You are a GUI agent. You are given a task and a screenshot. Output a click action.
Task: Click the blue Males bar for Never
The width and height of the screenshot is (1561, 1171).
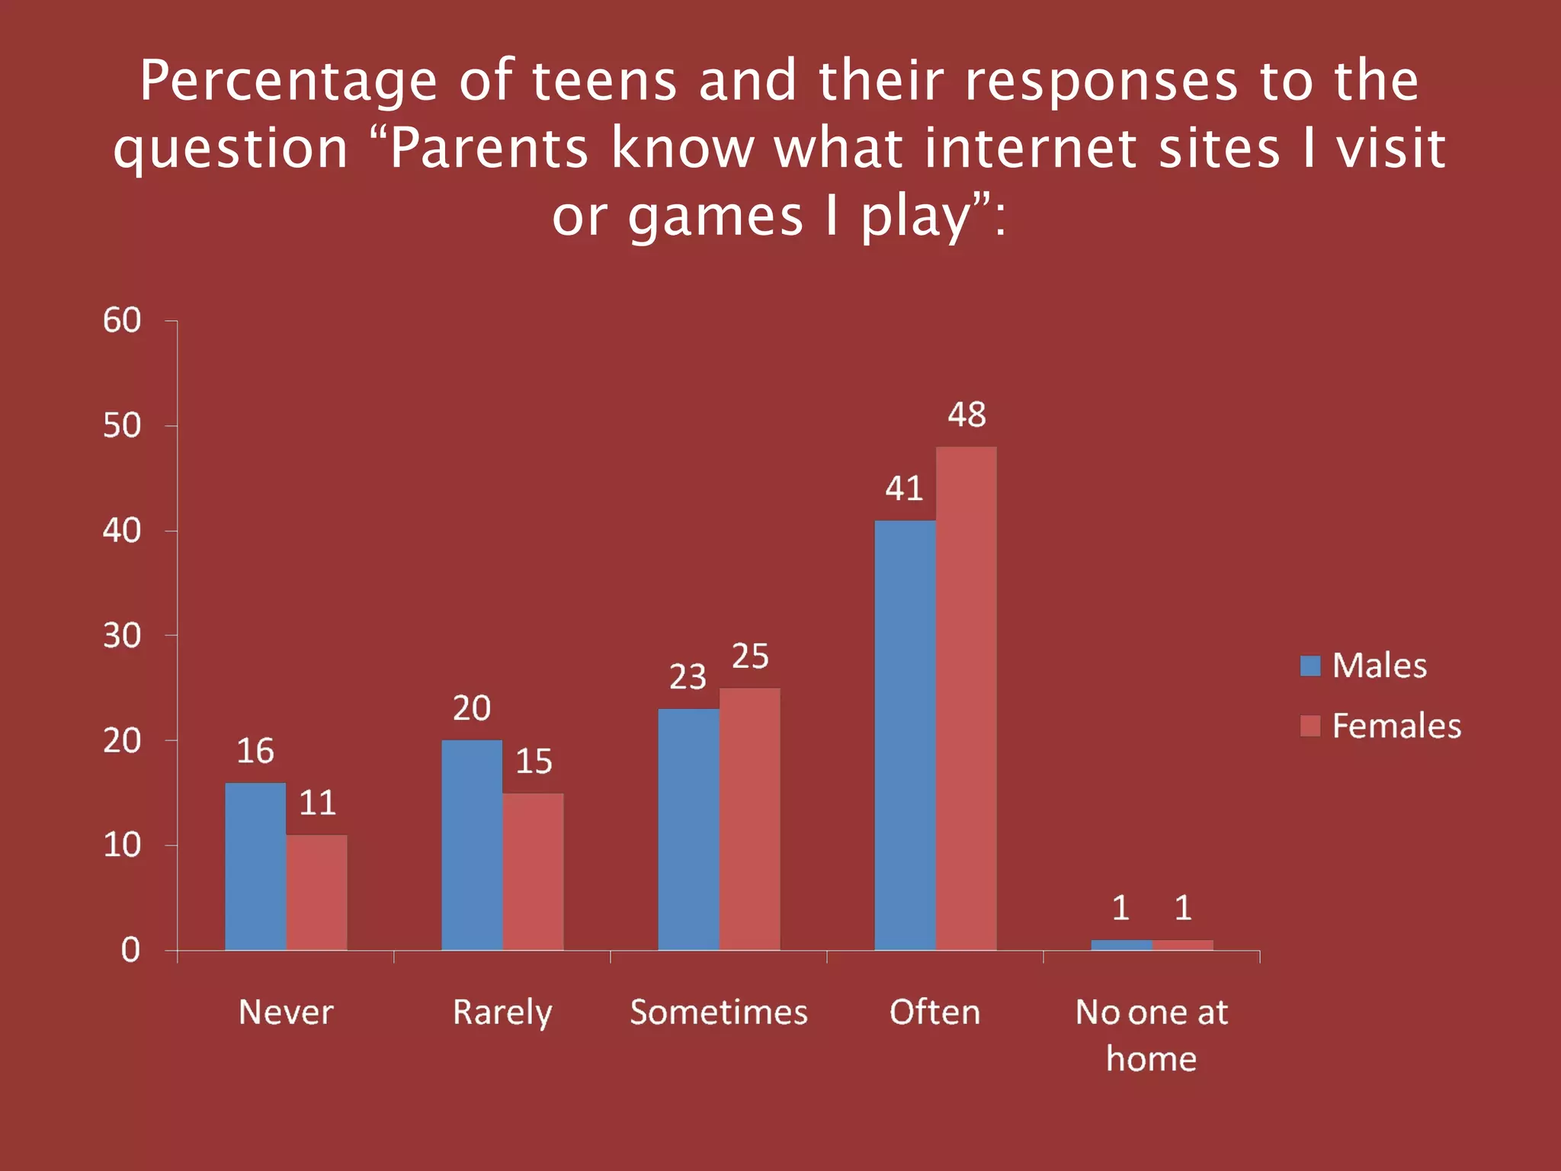[255, 866]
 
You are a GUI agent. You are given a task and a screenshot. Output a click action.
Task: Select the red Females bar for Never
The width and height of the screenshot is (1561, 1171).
[316, 892]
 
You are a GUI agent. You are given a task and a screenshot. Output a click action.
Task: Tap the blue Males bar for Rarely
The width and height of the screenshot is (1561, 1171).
[472, 845]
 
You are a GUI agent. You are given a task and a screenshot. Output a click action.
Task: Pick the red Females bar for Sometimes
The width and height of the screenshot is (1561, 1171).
[749, 819]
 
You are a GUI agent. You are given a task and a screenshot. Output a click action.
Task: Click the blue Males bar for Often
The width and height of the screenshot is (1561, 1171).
[905, 735]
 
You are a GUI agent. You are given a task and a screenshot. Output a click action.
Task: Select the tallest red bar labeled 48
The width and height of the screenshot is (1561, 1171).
[966, 698]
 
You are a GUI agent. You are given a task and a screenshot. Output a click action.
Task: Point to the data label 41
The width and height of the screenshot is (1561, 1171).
[904, 489]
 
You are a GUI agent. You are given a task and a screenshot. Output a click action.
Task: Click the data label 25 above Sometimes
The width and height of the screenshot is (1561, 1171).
[750, 656]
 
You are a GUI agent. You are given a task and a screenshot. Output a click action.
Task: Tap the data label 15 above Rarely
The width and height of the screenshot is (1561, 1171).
[534, 762]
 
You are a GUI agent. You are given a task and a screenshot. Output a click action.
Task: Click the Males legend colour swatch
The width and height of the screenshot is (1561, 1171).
[1309, 666]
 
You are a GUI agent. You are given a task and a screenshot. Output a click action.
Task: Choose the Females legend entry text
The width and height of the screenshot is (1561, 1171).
[1396, 726]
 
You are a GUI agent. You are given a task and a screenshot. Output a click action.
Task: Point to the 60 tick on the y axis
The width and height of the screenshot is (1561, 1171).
[122, 321]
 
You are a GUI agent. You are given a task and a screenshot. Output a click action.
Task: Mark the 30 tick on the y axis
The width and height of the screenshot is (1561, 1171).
[122, 636]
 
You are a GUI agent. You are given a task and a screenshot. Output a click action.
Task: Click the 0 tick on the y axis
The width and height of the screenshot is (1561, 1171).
[130, 950]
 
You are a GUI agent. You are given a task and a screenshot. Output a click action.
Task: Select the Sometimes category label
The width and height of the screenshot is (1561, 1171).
[718, 1012]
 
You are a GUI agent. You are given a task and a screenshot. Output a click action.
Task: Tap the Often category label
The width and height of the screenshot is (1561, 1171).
[934, 1012]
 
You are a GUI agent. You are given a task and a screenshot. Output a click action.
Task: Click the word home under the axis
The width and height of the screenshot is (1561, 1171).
[1151, 1059]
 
